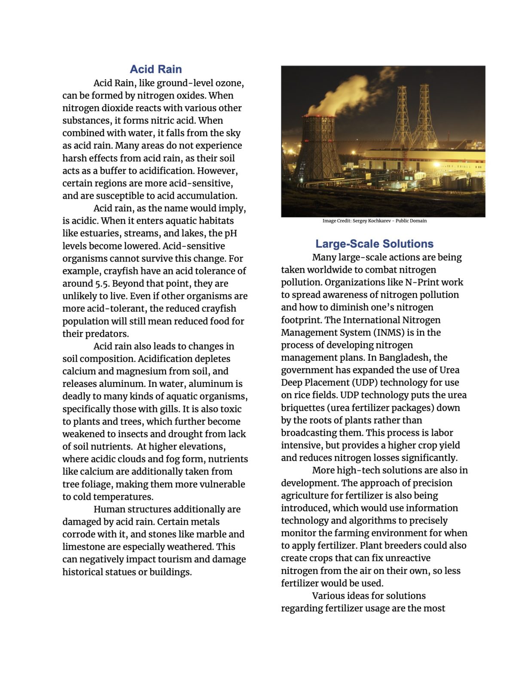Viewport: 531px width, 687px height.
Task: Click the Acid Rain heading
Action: click(x=156, y=69)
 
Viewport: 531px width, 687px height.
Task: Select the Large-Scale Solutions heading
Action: click(x=374, y=244)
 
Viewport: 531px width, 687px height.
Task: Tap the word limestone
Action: click(x=83, y=547)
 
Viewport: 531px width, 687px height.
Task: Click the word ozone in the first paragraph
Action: click(x=230, y=83)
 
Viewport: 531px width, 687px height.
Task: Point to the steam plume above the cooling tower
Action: click(x=344, y=97)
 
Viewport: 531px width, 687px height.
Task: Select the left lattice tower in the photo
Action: click(x=401, y=116)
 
